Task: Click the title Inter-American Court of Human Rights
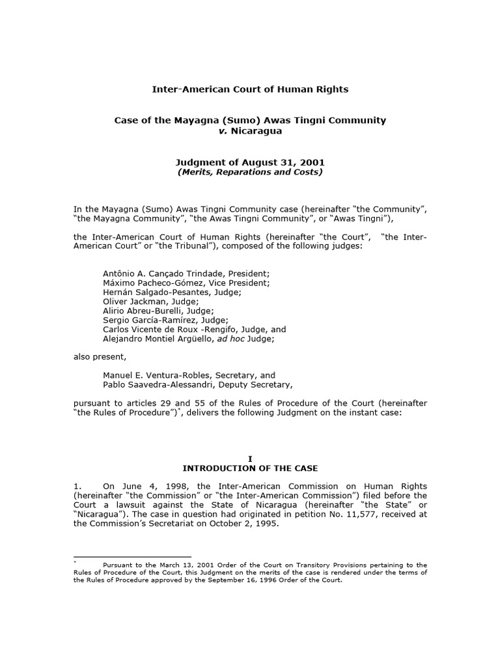click(x=250, y=89)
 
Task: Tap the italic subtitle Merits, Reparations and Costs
click(x=250, y=173)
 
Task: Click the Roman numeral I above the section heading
click(x=250, y=459)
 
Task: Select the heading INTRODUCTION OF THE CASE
click(x=250, y=468)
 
